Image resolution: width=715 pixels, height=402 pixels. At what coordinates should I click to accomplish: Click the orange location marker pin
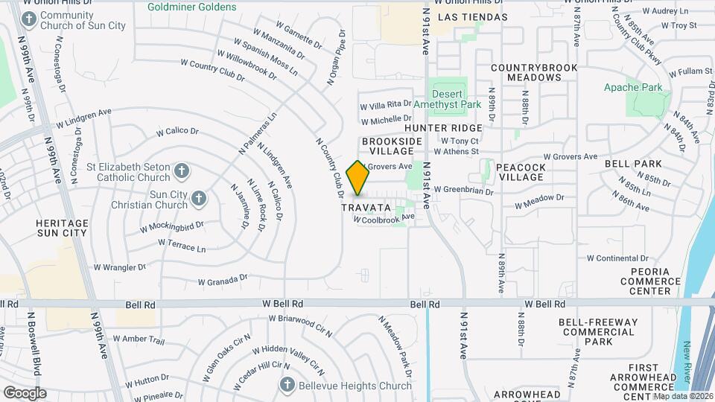pos(358,178)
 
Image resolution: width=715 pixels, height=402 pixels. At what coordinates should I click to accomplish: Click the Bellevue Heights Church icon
pos(287,385)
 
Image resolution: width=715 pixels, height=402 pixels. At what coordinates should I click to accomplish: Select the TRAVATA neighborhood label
pos(366,207)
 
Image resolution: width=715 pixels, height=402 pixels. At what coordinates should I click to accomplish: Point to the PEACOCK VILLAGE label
pos(521,173)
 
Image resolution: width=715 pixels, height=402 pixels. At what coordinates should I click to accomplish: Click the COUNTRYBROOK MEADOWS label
pos(535,72)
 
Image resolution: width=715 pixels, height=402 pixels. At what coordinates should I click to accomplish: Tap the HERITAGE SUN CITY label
pos(62,228)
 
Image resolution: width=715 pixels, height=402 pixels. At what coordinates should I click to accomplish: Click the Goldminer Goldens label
pos(191,7)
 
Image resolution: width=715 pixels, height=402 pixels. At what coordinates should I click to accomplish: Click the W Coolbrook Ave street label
pos(384,218)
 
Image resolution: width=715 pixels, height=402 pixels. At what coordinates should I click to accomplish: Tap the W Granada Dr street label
pos(223,281)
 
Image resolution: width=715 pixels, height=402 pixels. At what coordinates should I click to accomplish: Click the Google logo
pos(25,393)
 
